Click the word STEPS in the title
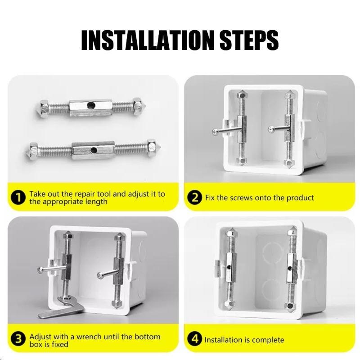point(246,40)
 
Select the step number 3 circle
point(18,340)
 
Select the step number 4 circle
point(195,339)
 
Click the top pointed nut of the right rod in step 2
point(288,96)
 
